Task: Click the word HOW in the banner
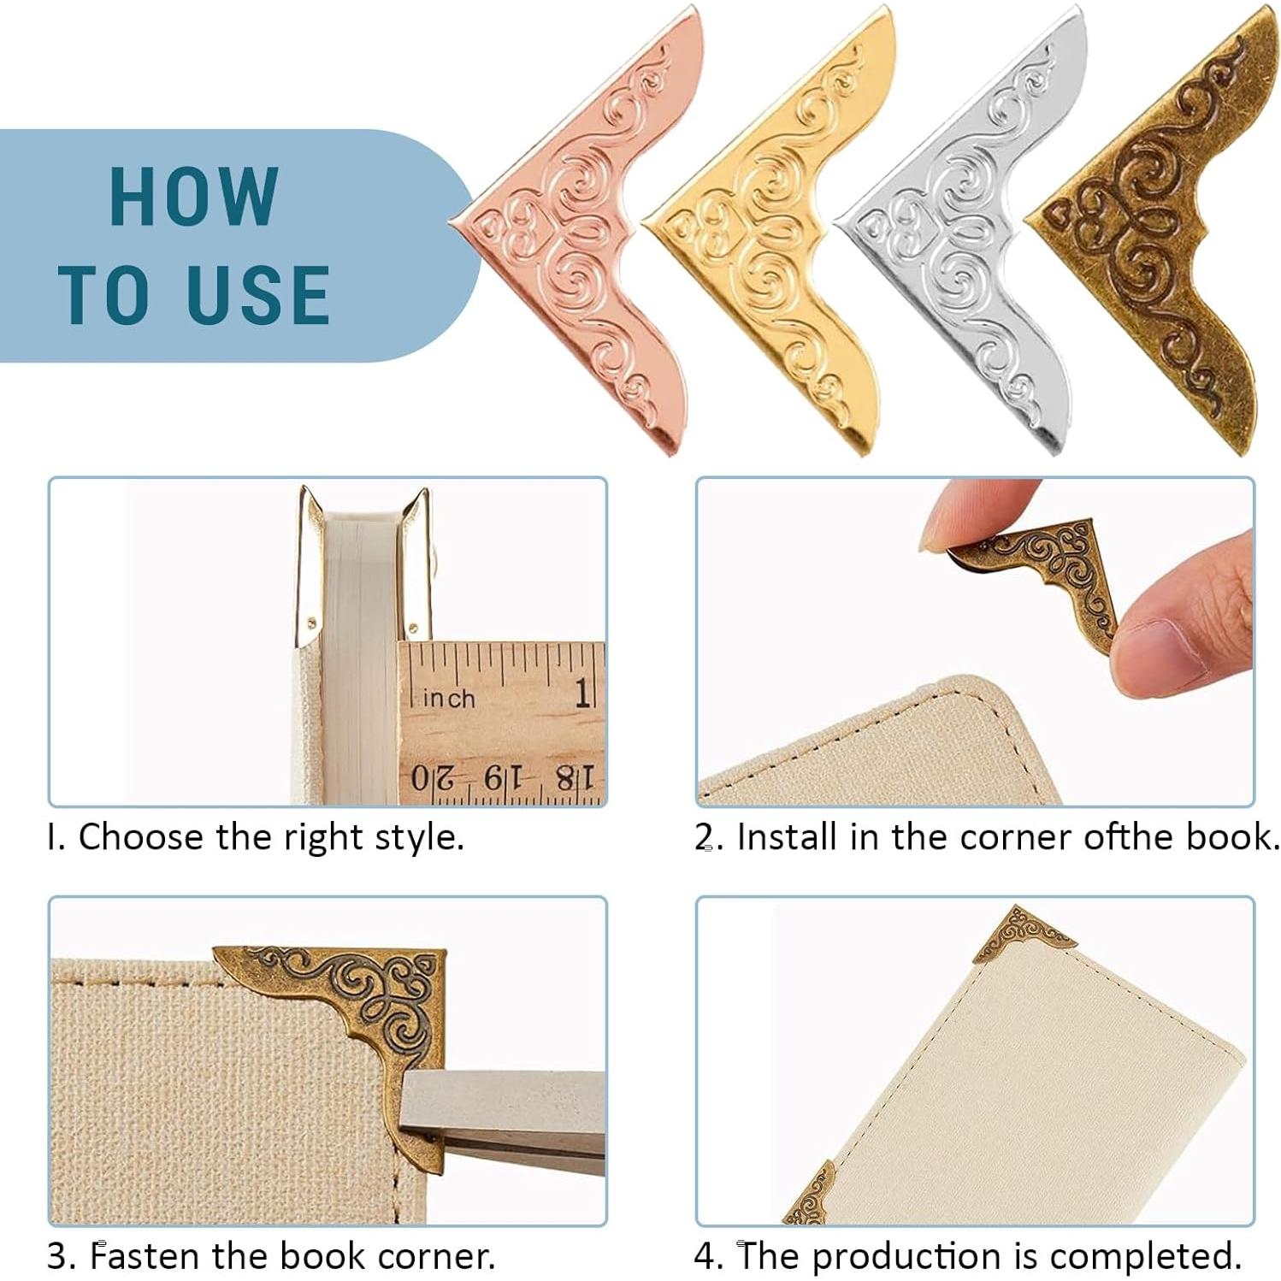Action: tap(193, 197)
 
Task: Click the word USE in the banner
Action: tap(257, 295)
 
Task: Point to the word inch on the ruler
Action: tap(449, 699)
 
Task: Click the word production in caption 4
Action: tap(906, 1256)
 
